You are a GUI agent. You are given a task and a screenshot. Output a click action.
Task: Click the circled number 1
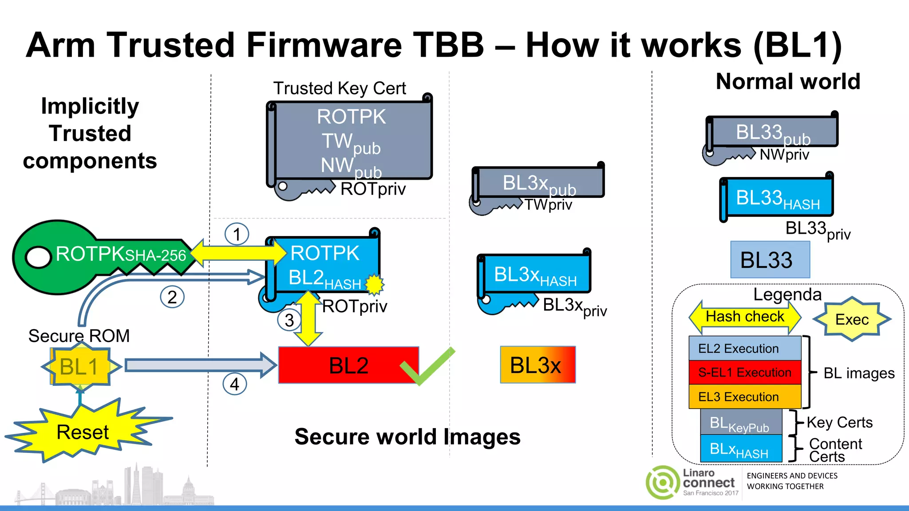tap(237, 234)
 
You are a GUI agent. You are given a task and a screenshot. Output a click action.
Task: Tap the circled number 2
tap(172, 297)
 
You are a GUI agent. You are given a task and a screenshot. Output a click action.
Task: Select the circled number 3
tap(289, 320)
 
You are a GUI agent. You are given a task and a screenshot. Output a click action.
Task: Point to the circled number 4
tap(234, 384)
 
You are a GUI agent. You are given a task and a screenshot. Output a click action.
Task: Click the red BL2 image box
tap(348, 365)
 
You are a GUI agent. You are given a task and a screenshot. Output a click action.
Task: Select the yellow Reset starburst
tap(83, 432)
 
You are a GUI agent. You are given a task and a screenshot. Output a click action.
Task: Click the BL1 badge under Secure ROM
tap(79, 367)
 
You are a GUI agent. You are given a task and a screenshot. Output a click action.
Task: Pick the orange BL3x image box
tap(537, 365)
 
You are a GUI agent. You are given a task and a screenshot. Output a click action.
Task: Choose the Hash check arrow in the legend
tap(745, 317)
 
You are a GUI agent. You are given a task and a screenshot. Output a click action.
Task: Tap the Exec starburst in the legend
tap(852, 319)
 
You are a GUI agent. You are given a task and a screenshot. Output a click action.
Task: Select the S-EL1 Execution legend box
tap(745, 373)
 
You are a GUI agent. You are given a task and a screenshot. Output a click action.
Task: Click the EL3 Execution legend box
tap(745, 397)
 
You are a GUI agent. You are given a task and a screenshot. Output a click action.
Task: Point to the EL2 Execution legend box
tap(745, 349)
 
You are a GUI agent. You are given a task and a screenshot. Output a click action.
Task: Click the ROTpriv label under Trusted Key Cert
tap(373, 189)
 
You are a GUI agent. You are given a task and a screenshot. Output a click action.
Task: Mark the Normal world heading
tap(788, 82)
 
